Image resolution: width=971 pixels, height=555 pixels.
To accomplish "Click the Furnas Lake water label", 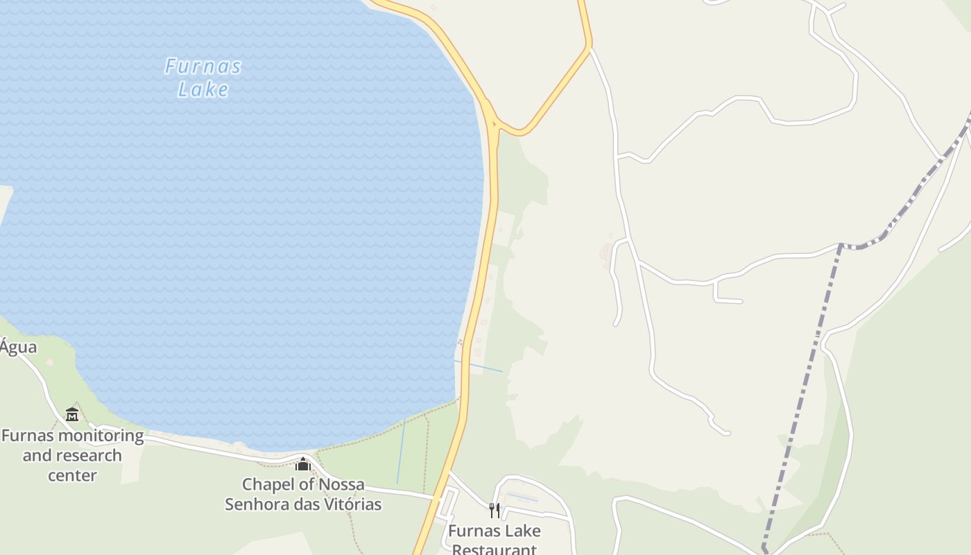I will coord(203,78).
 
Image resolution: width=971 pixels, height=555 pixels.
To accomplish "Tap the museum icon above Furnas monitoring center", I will coord(72,415).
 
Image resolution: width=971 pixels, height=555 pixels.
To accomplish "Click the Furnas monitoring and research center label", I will coord(72,455).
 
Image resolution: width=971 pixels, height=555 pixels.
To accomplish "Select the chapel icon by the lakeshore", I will coord(302,463).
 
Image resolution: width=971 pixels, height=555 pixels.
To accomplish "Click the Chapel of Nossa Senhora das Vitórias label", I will coord(303,494).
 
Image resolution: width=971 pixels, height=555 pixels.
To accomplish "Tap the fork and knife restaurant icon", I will coord(494,511).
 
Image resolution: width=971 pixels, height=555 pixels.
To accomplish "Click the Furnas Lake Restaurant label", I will coord(494,540).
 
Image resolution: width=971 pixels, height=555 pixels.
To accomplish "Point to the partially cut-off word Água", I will coord(18,347).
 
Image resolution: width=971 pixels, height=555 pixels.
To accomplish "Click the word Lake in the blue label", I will coord(203,89).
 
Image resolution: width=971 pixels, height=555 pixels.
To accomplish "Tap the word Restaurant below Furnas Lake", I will coord(494,549).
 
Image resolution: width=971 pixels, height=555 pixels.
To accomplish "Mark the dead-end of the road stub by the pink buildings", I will coord(616,323).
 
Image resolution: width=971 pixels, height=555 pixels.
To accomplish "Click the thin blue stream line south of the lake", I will coord(401,451).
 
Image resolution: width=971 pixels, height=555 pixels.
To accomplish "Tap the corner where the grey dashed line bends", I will coord(841,245).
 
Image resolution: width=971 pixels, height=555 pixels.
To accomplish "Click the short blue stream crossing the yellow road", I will coord(479,366).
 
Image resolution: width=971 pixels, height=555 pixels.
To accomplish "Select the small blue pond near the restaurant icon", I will coord(522,497).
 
